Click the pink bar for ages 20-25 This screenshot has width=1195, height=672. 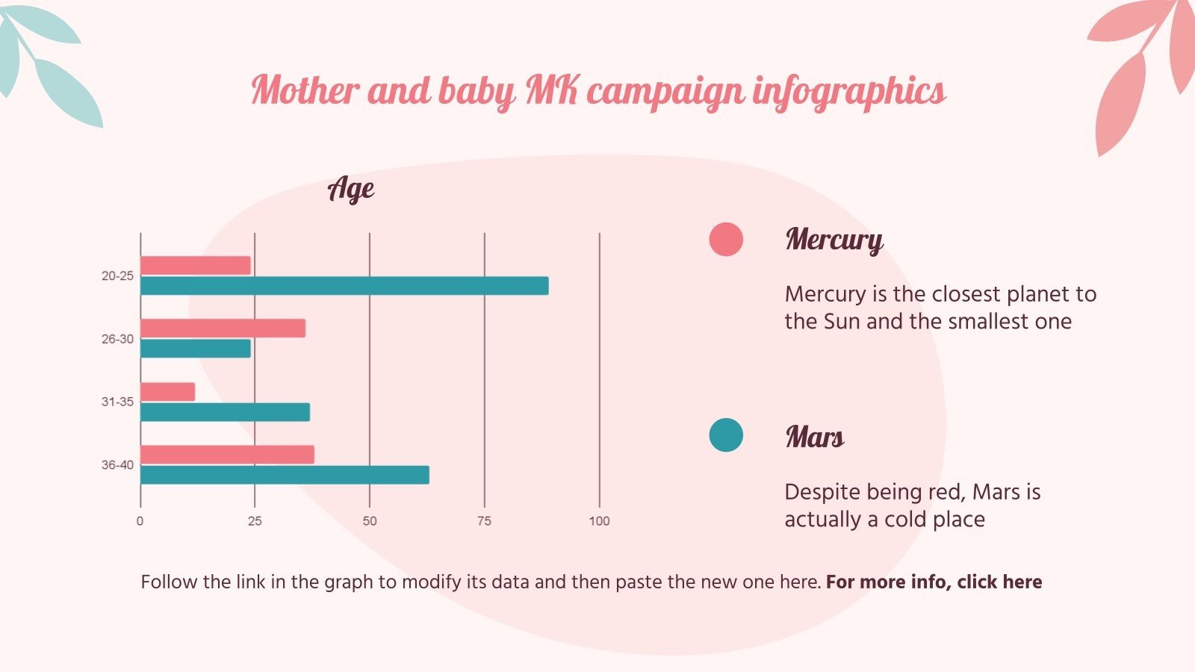pos(196,265)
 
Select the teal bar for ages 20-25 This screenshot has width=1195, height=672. pos(344,286)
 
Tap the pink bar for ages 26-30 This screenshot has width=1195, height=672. pos(223,329)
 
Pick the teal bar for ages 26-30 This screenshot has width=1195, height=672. pos(196,349)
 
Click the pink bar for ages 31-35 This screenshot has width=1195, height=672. pos(168,392)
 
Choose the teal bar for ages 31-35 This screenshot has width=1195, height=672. pos(225,412)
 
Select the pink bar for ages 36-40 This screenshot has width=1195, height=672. pos(227,455)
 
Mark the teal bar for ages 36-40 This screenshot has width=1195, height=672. pos(285,475)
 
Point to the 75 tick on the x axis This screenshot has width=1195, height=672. pos(484,521)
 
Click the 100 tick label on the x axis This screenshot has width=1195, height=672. pos(599,521)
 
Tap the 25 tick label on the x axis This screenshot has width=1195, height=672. pos(255,521)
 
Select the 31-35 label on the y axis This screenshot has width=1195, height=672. pos(117,402)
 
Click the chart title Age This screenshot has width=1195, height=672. pos(351,189)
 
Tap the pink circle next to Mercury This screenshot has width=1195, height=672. pos(726,240)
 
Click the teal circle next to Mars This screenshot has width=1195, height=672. pos(726,435)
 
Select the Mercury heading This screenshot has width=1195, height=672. pos(834,240)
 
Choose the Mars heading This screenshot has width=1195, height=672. pos(815,437)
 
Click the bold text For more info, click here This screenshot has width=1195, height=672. pos(934,582)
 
